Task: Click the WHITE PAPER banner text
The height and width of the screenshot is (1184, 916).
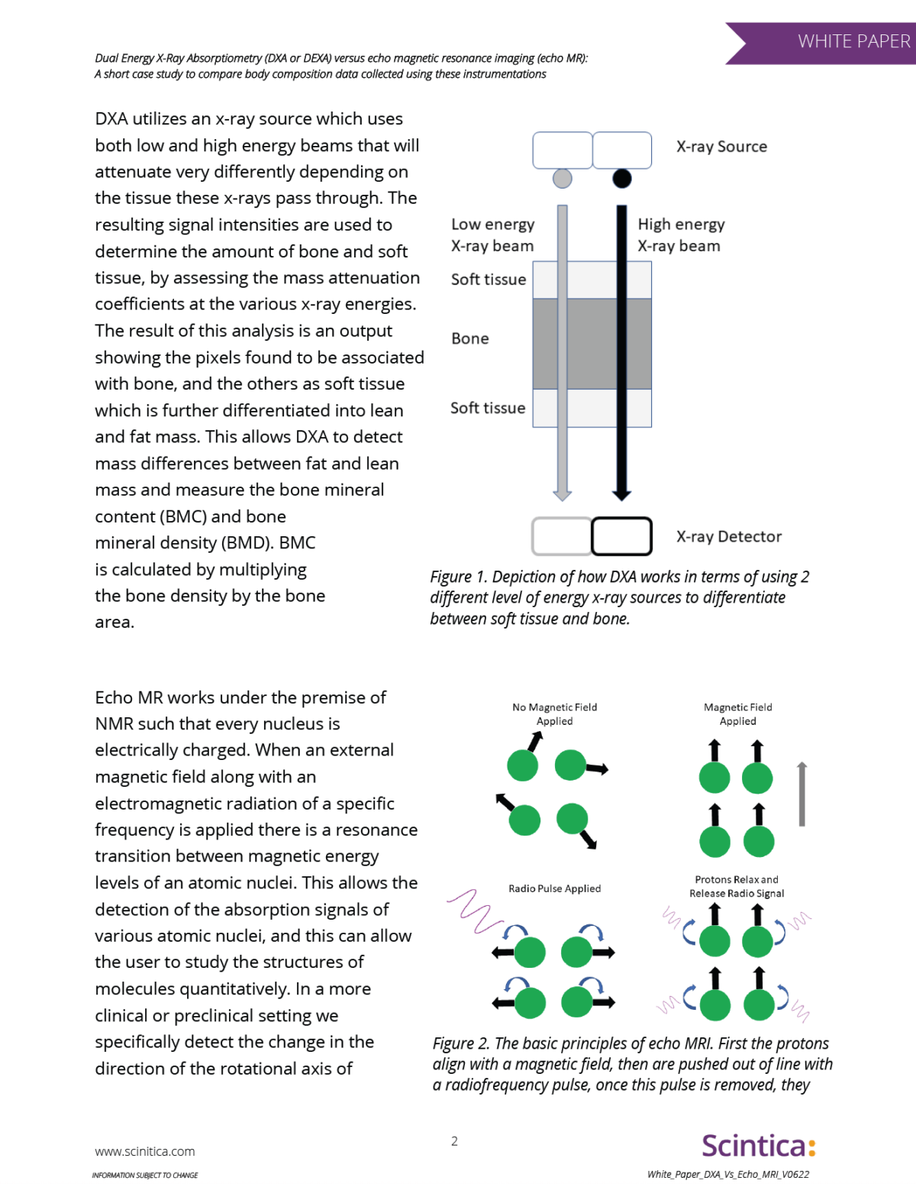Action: [x=853, y=41]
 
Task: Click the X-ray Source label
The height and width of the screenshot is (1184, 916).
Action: [x=721, y=147]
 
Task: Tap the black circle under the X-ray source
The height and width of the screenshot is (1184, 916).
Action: [x=622, y=179]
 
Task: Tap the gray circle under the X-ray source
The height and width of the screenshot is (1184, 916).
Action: [x=562, y=179]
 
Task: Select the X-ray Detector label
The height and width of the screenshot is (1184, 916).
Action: [x=728, y=537]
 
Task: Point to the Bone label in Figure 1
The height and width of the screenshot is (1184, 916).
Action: [x=470, y=338]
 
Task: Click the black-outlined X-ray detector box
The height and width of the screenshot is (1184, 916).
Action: [x=621, y=536]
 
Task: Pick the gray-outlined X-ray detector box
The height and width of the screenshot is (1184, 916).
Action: [x=562, y=536]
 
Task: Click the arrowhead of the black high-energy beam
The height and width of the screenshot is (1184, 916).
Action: [x=622, y=495]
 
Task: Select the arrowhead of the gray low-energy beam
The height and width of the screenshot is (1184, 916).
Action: [x=563, y=495]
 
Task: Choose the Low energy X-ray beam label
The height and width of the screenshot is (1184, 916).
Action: [x=492, y=235]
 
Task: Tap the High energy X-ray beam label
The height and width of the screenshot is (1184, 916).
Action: [x=681, y=235]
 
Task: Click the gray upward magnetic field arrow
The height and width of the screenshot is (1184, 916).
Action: [x=801, y=794]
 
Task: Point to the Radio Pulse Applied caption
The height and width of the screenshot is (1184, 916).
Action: [x=555, y=888]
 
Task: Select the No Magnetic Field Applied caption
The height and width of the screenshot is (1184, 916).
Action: [x=555, y=714]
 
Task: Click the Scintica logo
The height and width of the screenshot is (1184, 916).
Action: [x=759, y=1146]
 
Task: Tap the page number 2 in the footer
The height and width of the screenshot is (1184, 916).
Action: [x=454, y=1141]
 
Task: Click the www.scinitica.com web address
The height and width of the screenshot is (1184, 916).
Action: [x=145, y=1151]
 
